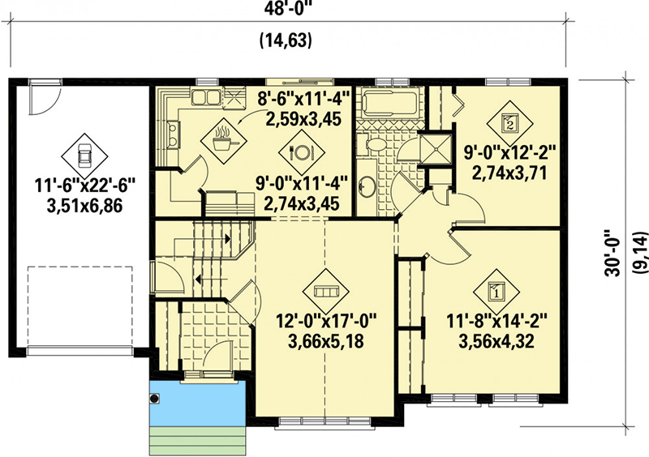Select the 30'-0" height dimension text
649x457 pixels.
[614, 252]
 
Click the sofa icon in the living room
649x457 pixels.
[324, 290]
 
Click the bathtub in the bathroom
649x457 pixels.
[388, 105]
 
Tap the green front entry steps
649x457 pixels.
[200, 442]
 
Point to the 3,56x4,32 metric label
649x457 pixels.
[496, 341]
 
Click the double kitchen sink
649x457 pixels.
[204, 99]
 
